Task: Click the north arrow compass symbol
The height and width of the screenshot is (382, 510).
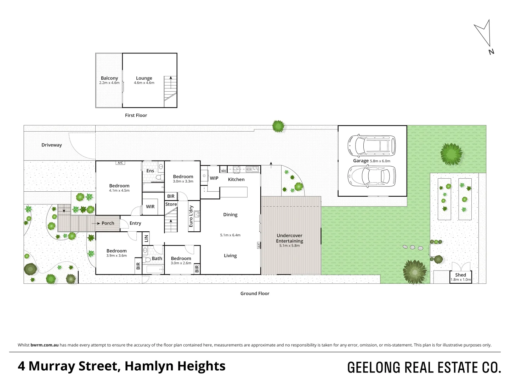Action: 484,34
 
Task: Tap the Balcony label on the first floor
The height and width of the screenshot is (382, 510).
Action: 109,78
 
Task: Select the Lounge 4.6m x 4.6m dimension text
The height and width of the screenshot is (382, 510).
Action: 144,83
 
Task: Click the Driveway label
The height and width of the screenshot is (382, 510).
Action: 51,145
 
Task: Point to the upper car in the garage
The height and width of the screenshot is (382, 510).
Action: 372,145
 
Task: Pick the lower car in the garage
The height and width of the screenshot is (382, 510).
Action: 372,176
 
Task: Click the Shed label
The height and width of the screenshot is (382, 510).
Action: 460,275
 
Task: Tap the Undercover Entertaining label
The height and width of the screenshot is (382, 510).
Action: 289,238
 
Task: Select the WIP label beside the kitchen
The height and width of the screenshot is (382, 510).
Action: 214,178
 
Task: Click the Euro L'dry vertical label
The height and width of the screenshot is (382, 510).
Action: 191,216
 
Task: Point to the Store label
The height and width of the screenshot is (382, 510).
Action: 171,204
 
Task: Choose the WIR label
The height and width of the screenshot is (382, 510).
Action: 150,207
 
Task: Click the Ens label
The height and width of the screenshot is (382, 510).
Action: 150,171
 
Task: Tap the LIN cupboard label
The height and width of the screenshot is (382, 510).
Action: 146,238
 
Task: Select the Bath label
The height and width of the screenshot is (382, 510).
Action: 157,259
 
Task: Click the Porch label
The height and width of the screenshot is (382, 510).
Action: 108,224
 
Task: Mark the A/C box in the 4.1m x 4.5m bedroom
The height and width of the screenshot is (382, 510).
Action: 120,163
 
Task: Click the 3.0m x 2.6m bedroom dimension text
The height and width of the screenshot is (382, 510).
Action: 181,263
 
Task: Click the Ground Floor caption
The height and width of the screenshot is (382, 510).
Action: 255,294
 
